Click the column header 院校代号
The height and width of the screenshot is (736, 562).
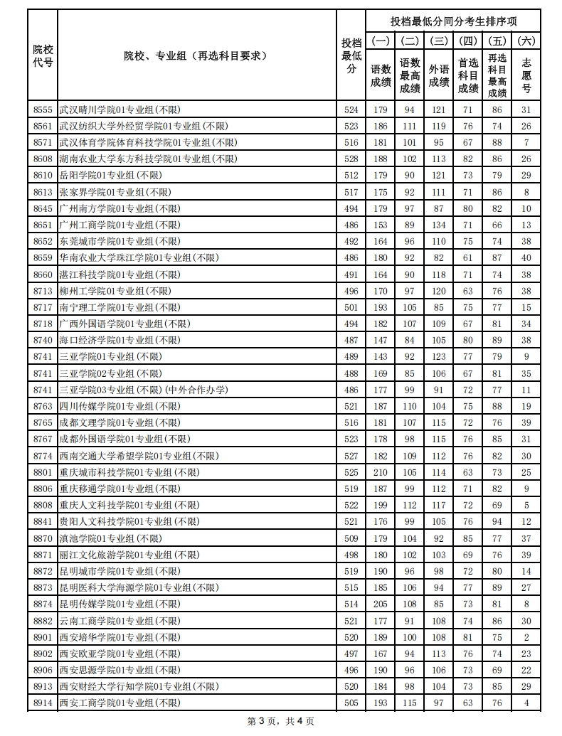pyautogui.click(x=43, y=55)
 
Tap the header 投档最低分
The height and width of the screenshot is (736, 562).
pyautogui.click(x=351, y=55)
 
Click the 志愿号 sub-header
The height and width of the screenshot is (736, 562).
pyautogui.click(x=526, y=70)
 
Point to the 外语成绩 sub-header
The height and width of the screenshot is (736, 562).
pyautogui.click(x=439, y=70)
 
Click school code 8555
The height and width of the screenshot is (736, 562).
pyautogui.click(x=43, y=110)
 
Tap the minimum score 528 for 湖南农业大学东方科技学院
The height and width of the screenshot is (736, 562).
pyautogui.click(x=351, y=159)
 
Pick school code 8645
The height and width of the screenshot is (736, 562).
pyautogui.click(x=43, y=208)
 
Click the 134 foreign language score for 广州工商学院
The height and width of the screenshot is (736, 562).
pyautogui.click(x=439, y=225)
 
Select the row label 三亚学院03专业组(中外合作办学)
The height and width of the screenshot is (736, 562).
pyautogui.click(x=143, y=390)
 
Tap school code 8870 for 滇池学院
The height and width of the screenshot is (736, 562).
pyautogui.click(x=43, y=538)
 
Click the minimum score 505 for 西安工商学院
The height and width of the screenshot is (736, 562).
pyautogui.click(x=351, y=703)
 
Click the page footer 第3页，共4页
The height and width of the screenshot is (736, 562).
pyautogui.click(x=280, y=721)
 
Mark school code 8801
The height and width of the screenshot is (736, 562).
pyautogui.click(x=43, y=472)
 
